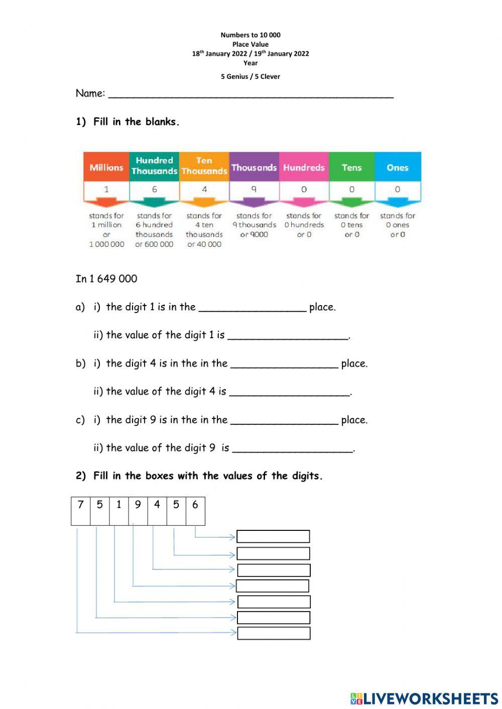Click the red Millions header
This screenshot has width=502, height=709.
tap(106, 167)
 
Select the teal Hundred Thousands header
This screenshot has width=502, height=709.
tap(154, 166)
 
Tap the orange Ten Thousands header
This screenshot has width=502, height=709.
tap(204, 166)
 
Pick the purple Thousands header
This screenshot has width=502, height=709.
tap(254, 167)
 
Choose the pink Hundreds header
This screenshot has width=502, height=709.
tap(304, 167)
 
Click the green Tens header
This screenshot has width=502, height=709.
tap(351, 167)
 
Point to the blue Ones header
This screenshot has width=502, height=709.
tap(398, 167)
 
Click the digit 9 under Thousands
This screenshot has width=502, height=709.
tap(254, 190)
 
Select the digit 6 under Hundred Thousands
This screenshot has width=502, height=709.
tap(154, 190)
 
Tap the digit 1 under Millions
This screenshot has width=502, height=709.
tap(106, 190)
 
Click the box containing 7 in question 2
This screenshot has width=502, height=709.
tap(80, 511)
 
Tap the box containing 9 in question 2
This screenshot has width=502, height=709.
tap(138, 511)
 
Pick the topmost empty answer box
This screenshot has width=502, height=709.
tap(273, 537)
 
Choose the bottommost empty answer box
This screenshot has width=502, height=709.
tap(274, 633)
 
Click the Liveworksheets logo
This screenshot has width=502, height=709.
tap(424, 698)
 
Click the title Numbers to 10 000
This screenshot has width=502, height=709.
tap(250, 35)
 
